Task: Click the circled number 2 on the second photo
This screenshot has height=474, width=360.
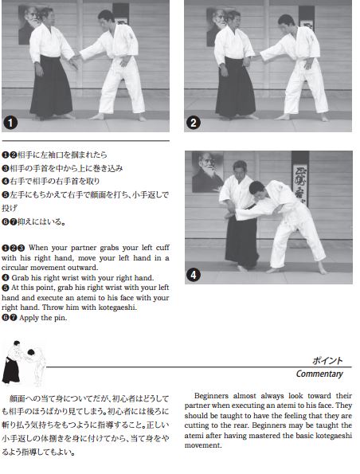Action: pyautogui.click(x=194, y=123)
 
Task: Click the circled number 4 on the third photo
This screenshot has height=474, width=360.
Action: pyautogui.click(x=194, y=276)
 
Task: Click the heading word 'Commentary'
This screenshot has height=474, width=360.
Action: pyautogui.click(x=319, y=374)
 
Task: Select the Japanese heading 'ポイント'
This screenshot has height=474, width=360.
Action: pyautogui.click(x=327, y=360)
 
